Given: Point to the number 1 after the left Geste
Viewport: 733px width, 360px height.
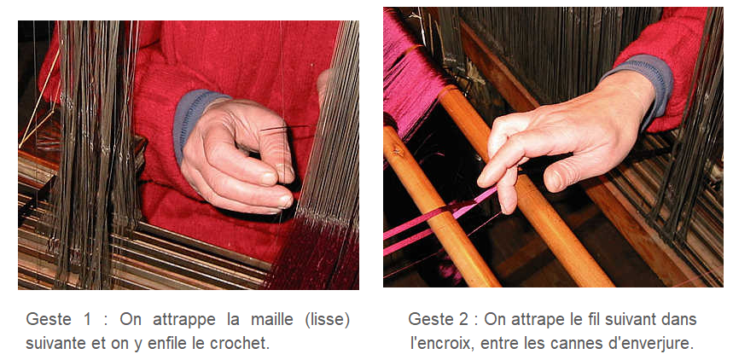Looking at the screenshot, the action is tap(87, 320).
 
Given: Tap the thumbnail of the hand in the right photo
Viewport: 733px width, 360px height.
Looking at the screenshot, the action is tap(556, 181).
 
